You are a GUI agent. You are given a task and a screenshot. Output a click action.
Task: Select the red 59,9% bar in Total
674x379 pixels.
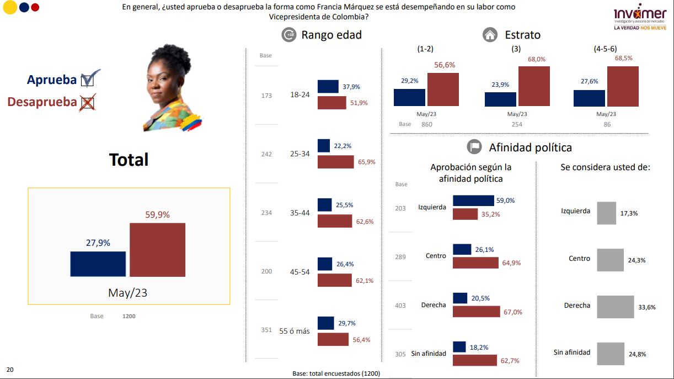[157, 250]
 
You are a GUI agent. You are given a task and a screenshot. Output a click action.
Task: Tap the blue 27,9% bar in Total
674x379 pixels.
[98, 264]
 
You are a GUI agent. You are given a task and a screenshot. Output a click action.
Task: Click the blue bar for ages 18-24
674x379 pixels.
[328, 86]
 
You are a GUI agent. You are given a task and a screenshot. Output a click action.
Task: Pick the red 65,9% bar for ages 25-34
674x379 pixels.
[335, 162]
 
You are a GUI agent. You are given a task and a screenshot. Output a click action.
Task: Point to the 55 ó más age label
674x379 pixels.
[295, 331]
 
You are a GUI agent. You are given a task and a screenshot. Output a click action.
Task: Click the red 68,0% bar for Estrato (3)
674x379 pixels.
[534, 86]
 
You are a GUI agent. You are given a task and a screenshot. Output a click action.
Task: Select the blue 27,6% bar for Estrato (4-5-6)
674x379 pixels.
[589, 98]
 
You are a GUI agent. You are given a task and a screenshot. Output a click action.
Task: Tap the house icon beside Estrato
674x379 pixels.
[490, 35]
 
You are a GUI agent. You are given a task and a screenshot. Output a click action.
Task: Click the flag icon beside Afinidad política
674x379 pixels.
[474, 147]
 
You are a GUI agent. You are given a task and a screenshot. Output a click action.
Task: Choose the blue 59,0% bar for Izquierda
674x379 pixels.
[473, 201]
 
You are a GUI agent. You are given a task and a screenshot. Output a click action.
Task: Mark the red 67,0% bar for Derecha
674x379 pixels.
[475, 312]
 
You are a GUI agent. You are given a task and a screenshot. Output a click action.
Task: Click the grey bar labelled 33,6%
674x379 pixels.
[616, 307]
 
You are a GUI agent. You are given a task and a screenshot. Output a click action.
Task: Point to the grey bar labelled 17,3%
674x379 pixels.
[606, 213]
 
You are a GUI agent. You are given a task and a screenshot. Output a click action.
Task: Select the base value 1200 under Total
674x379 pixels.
[129, 317]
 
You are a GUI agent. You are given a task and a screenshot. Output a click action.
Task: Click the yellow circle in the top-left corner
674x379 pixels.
[9, 8]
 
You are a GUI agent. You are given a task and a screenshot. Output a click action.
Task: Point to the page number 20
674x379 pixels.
[9, 369]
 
